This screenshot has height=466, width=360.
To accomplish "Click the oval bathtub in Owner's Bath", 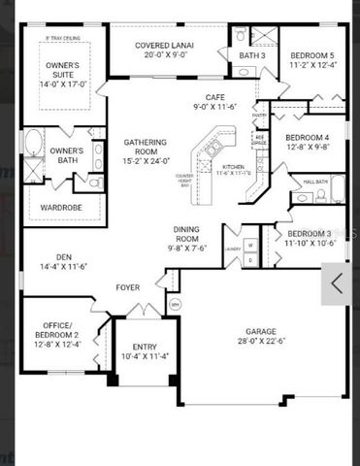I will pyautogui.click(x=33, y=147).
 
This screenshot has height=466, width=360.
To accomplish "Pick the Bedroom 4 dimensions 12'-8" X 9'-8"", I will pyautogui.click(x=309, y=148).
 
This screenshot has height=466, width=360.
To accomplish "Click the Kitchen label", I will pyautogui.click(x=234, y=168).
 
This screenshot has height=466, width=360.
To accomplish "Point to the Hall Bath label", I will pyautogui.click(x=315, y=182).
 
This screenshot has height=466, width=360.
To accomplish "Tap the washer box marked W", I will pyautogui.click(x=250, y=246).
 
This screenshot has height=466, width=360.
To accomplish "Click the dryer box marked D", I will pyautogui.click(x=250, y=260).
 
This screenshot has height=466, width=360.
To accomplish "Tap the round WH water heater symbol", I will pyautogui.click(x=175, y=305).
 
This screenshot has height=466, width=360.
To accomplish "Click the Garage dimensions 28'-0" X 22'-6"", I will pyautogui.click(x=260, y=339).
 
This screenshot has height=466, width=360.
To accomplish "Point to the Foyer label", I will pyautogui.click(x=128, y=287).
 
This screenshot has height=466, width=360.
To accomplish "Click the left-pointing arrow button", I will pyautogui.click(x=338, y=283).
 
